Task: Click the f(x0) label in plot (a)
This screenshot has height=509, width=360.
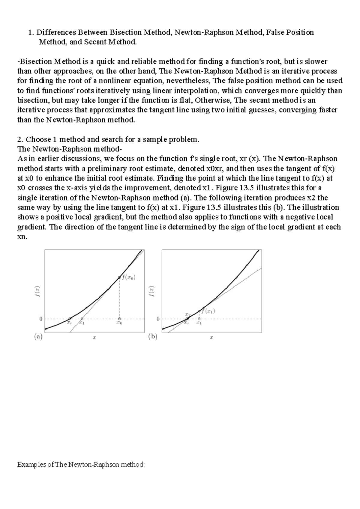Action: pyautogui.click(x=128, y=277)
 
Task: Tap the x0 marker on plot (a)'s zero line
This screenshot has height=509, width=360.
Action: pyautogui.click(x=119, y=319)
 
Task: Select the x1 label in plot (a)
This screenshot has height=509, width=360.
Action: pyautogui.click(x=82, y=323)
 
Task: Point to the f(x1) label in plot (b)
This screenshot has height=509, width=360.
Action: pyautogui.click(x=209, y=311)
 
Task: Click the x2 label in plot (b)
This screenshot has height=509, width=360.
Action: pyautogui.click(x=187, y=314)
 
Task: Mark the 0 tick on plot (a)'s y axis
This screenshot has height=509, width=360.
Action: pyautogui.click(x=40, y=319)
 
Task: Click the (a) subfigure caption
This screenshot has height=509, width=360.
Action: pyautogui.click(x=38, y=337)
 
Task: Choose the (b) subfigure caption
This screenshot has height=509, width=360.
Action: pyautogui.click(x=153, y=337)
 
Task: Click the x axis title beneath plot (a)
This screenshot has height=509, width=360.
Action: pyautogui.click(x=94, y=338)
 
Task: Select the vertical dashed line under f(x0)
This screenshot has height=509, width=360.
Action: pyautogui.click(x=120, y=298)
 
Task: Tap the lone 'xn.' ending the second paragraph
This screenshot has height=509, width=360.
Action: pyautogui.click(x=22, y=237)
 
